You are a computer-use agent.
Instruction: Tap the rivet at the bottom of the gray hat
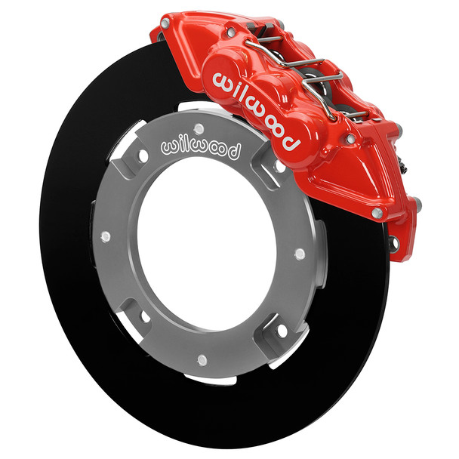(x=202, y=360)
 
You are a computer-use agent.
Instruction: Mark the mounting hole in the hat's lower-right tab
(x=282, y=330)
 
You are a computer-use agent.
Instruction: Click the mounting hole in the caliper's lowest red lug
(x=392, y=242)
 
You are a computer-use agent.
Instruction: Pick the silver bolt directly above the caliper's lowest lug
(x=377, y=214)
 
